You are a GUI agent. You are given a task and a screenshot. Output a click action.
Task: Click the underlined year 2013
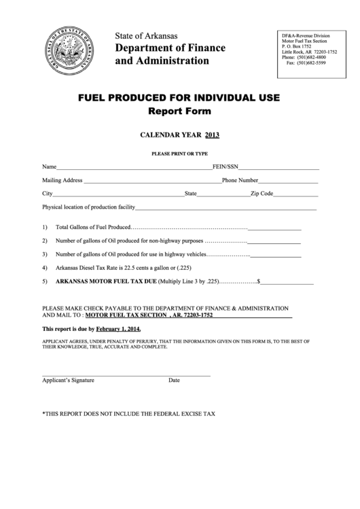[212, 135]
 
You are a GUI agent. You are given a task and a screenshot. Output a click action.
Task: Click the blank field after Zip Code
[295, 194]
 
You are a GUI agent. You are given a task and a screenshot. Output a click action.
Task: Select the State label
[190, 194]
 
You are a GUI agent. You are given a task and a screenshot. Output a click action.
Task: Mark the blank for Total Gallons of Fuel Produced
[274, 228]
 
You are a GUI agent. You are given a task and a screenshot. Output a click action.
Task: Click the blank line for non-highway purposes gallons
[274, 241]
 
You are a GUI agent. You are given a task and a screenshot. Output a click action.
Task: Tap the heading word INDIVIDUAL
[221, 98]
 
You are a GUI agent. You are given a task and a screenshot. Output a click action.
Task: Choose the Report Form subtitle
[179, 111]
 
